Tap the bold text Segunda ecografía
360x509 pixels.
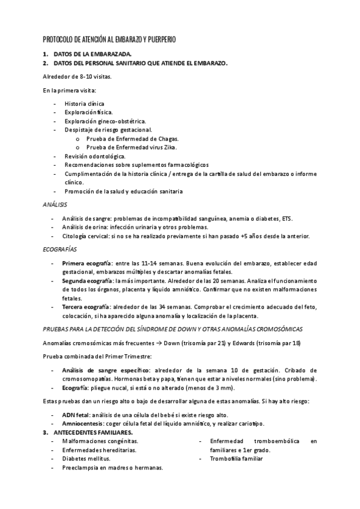click(88, 281)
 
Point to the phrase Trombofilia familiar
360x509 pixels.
click(236, 459)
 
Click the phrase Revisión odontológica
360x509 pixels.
click(95, 155)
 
